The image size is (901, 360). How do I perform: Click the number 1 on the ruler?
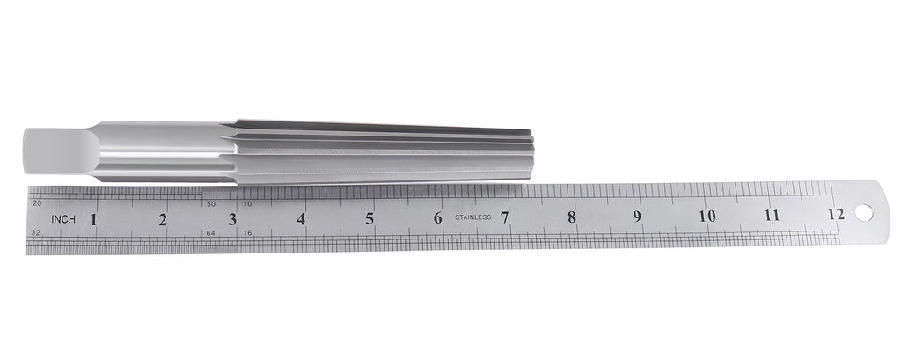(93, 219)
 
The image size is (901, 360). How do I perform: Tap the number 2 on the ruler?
(163, 219)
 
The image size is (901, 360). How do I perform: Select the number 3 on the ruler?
(232, 219)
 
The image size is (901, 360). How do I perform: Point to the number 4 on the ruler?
(301, 218)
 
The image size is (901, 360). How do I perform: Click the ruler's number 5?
(370, 218)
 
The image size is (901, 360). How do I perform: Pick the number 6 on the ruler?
(438, 218)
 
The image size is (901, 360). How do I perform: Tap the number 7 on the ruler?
(504, 217)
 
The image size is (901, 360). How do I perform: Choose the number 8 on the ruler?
(572, 217)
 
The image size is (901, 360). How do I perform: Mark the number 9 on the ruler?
(637, 217)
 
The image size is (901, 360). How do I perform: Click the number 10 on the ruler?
(707, 216)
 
